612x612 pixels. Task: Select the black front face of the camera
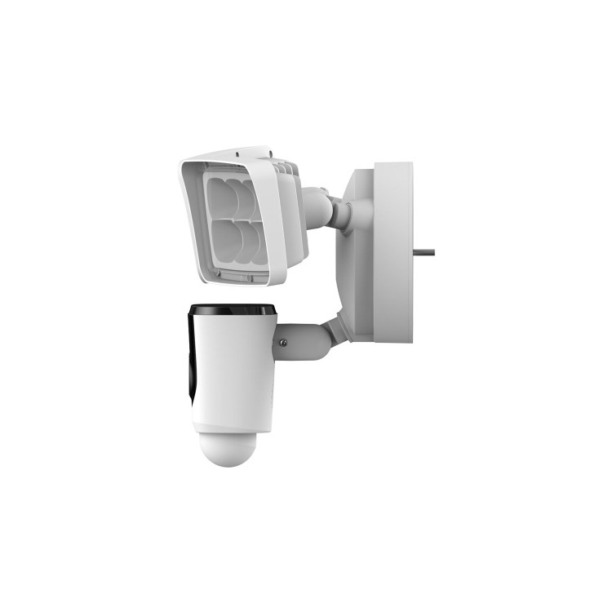pos(193,359)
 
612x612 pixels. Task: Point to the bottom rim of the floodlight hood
pos(237,282)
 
